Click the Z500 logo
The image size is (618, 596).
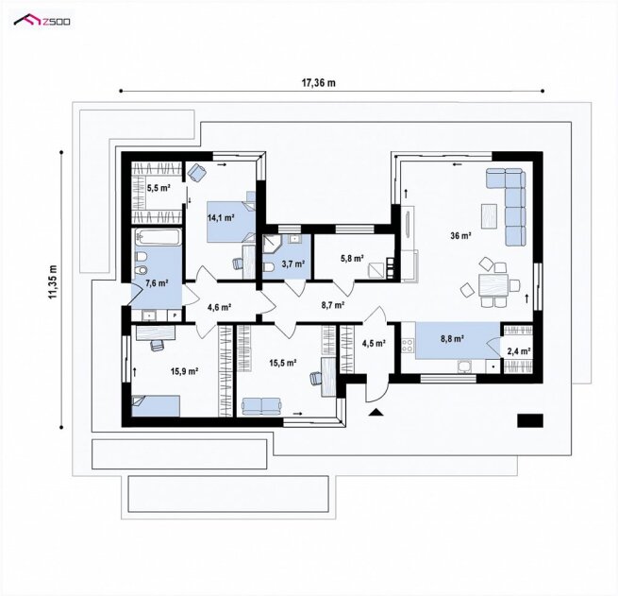point(42,20)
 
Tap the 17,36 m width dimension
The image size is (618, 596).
point(319,82)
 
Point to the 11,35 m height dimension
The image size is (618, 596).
point(53,282)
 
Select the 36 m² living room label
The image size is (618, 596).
point(461,236)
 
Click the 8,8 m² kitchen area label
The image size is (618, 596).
point(452,338)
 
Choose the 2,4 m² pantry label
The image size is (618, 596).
point(518,351)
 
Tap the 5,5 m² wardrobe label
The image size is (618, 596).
point(159,188)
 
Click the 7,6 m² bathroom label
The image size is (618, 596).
point(157,282)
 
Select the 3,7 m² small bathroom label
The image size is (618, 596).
point(292,264)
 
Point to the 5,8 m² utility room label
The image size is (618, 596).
point(352,259)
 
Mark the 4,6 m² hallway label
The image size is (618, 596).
point(219,307)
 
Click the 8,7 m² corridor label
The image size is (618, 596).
point(333,304)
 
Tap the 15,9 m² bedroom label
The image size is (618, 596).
point(184,371)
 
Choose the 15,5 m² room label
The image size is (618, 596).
point(283,363)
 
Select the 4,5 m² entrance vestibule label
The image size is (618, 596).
point(374,343)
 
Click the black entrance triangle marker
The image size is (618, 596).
point(376,413)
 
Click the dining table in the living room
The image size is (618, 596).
point(493,285)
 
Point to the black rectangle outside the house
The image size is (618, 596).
point(530,421)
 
